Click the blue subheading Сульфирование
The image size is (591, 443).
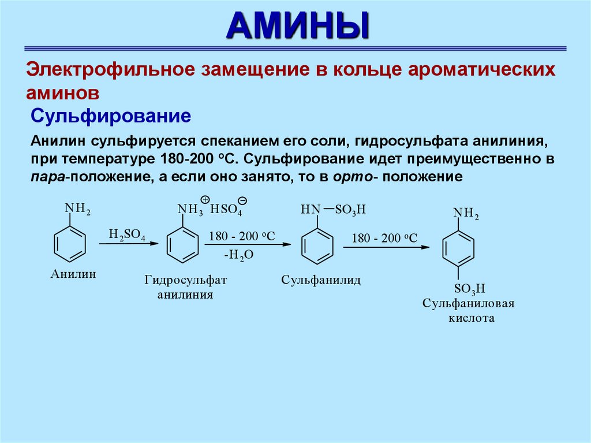point(111,115)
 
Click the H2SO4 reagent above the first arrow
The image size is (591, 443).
point(127,234)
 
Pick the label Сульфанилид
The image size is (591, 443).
point(321,281)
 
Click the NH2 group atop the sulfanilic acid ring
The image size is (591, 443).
point(466,214)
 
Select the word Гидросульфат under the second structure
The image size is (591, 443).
point(186,281)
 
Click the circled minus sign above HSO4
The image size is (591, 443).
point(243,200)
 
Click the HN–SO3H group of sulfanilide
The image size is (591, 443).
point(333,210)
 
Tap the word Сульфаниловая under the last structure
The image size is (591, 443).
point(468,304)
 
